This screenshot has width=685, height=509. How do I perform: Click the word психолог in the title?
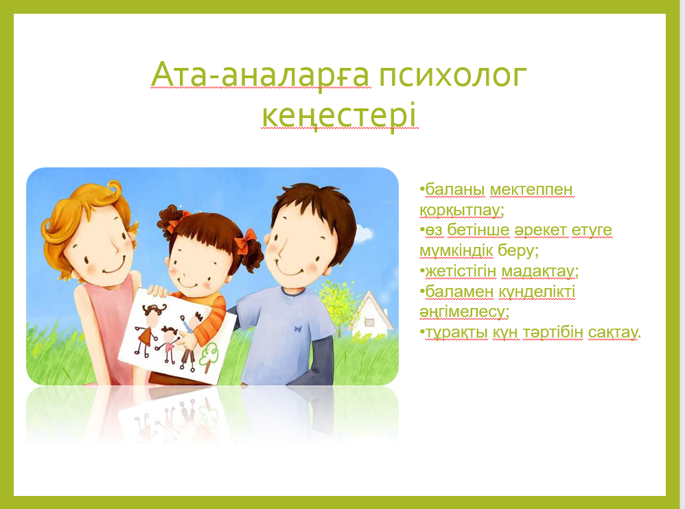click(x=452, y=75)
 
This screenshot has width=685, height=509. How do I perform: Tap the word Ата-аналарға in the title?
click(x=260, y=75)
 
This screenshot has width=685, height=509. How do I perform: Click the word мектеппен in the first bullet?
click(x=531, y=189)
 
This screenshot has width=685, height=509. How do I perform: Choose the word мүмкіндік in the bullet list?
click(x=456, y=250)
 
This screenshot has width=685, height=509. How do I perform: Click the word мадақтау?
click(x=538, y=271)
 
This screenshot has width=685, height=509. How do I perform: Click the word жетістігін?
click(x=461, y=272)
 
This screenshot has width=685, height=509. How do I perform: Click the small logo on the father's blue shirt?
click(x=297, y=328)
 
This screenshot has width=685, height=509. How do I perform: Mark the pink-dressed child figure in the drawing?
click(x=167, y=343)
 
